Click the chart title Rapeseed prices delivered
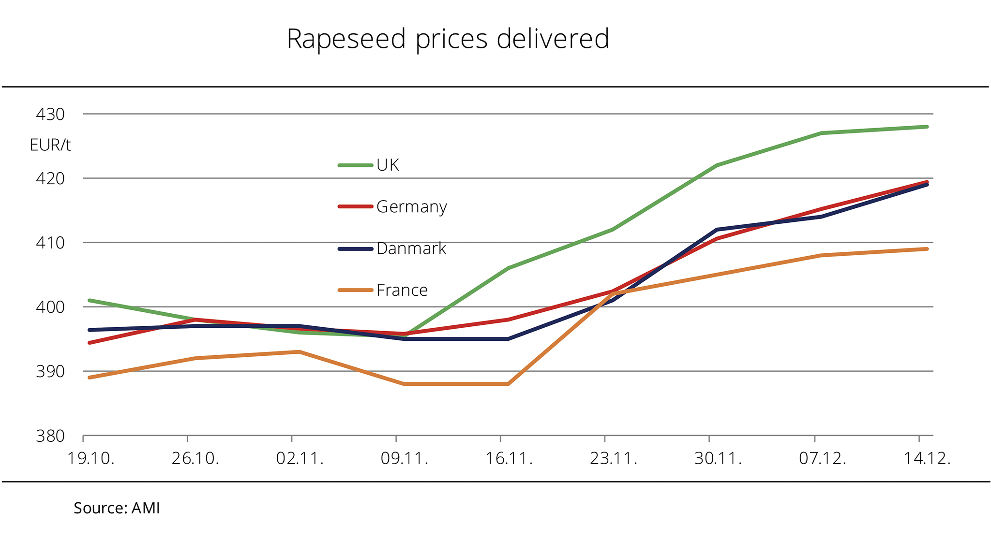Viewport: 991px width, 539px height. point(448,39)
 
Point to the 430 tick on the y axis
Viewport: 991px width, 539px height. point(50,115)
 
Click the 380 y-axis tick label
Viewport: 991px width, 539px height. point(50,436)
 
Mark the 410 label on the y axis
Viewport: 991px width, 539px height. point(50,243)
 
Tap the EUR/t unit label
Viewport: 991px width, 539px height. point(50,145)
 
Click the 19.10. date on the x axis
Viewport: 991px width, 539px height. point(90,458)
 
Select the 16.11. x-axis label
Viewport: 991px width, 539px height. point(509,458)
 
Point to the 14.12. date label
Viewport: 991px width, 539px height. point(927,458)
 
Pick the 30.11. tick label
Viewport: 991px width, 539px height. point(718,458)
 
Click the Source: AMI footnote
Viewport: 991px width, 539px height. point(117,508)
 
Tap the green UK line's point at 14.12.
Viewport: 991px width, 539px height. point(927,127)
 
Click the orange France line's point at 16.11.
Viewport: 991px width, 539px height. point(508,384)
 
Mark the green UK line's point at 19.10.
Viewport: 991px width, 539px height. point(90,300)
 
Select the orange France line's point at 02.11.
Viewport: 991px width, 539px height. point(300,352)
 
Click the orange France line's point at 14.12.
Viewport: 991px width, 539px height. point(927,249)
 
